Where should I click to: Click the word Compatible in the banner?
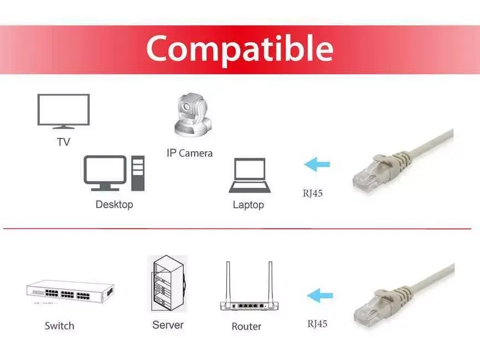(x=240, y=49)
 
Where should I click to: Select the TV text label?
(x=63, y=142)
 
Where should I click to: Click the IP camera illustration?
(x=193, y=114)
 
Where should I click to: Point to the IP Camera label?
(x=189, y=153)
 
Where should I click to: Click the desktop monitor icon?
(x=105, y=173)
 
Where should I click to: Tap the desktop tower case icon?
(x=138, y=173)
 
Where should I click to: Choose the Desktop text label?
(x=114, y=204)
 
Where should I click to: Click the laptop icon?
(x=250, y=176)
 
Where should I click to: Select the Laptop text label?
(x=248, y=205)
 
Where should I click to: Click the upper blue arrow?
(x=317, y=164)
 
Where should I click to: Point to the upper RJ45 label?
(x=313, y=193)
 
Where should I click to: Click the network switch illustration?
(x=70, y=292)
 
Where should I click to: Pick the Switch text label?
(x=59, y=326)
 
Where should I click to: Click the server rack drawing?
(x=168, y=284)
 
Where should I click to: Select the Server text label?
(x=168, y=325)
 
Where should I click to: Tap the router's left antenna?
(x=228, y=282)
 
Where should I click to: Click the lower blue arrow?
(x=320, y=295)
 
